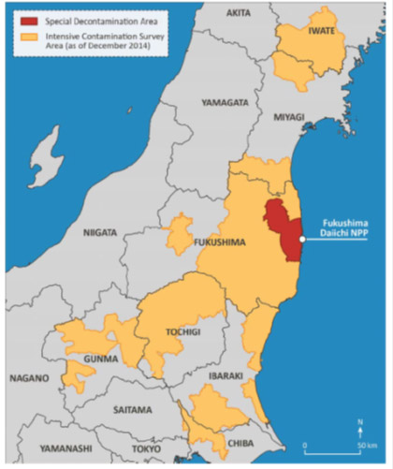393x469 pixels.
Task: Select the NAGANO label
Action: point(29,378)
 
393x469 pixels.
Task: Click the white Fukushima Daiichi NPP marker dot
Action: point(301,240)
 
